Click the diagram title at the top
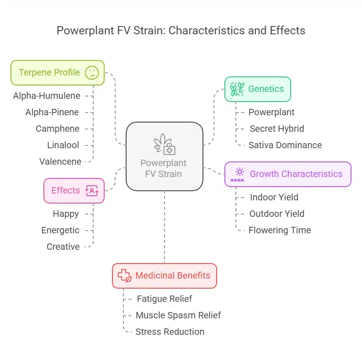tap(181, 31)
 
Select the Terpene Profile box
tap(58, 72)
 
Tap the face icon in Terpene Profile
tap(92, 72)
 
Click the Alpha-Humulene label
tap(47, 96)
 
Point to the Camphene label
tap(58, 129)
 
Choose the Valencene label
tap(60, 161)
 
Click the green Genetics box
tap(257, 89)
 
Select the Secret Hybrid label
tap(277, 129)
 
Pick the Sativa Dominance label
tap(285, 145)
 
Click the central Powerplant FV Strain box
tap(164, 156)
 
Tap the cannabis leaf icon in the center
tap(164, 144)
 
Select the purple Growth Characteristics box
tap(287, 174)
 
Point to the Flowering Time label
tap(280, 230)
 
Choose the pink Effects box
tap(74, 190)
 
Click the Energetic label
tap(60, 230)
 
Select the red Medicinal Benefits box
tap(164, 275)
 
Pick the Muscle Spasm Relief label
tap(178, 315)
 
